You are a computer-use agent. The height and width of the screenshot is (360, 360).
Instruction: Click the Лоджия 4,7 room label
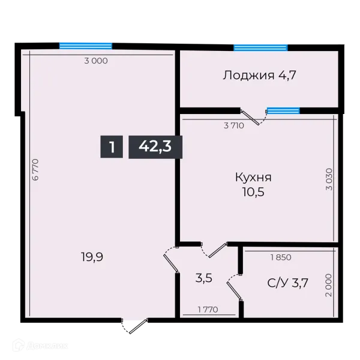(260, 76)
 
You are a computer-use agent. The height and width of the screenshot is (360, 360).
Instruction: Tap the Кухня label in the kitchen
(253, 178)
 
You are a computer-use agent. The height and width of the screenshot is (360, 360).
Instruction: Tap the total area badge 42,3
(155, 146)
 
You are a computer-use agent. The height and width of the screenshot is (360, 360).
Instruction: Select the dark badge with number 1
(112, 146)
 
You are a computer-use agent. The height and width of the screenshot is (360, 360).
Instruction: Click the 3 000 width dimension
(95, 61)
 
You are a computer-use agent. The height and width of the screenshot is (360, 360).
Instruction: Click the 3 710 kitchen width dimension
(234, 126)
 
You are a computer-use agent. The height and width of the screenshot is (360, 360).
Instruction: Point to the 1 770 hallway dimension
(208, 310)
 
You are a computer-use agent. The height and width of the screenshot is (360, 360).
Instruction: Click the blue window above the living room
(85, 44)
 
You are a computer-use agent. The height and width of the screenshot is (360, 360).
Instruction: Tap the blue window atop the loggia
(260, 47)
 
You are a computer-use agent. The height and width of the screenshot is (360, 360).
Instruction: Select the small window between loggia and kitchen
(283, 110)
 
